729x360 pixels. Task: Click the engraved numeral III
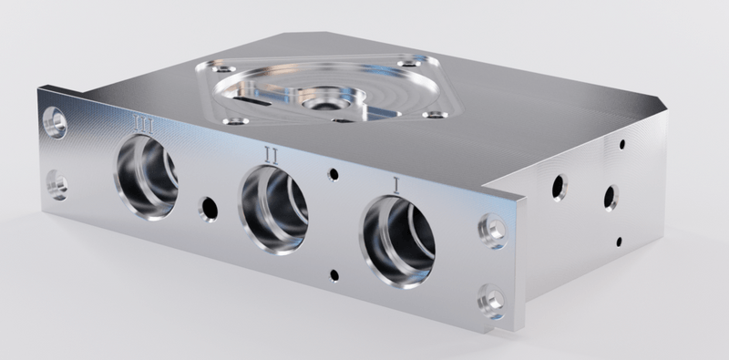coord(143,122)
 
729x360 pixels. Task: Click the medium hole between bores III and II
coord(209,209)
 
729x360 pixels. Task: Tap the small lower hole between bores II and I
coord(336,274)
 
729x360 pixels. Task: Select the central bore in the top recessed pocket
coord(323,96)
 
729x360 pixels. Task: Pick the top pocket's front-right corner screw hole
coord(435,115)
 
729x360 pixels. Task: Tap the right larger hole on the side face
coord(610,196)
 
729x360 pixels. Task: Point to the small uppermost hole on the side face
coord(621,143)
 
